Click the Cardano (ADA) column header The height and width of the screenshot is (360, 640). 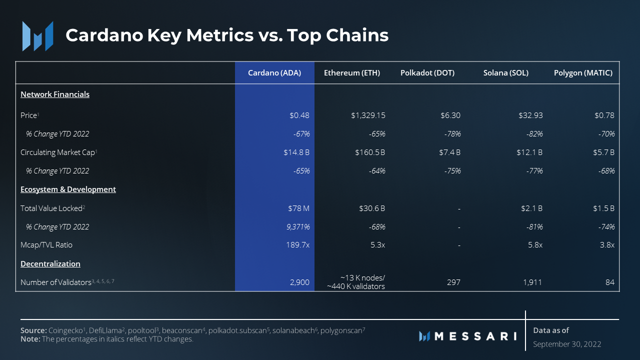tap(274, 73)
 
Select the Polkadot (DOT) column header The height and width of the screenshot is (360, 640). tap(427, 73)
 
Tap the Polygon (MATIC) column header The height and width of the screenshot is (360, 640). tap(583, 73)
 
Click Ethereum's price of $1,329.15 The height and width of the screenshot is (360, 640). tap(368, 115)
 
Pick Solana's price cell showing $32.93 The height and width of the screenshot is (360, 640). tap(530, 115)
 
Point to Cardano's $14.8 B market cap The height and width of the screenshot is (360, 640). tap(296, 152)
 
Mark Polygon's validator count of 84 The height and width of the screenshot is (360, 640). tap(609, 282)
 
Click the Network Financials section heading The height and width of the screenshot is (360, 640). tap(55, 94)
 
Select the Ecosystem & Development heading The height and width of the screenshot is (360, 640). tap(68, 189)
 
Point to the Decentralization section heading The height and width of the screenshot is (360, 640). tap(50, 264)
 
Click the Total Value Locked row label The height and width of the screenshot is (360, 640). tap(51, 208)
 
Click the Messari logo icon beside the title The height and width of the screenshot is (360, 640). tap(37, 36)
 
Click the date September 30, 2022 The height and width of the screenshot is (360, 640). tap(567, 344)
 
